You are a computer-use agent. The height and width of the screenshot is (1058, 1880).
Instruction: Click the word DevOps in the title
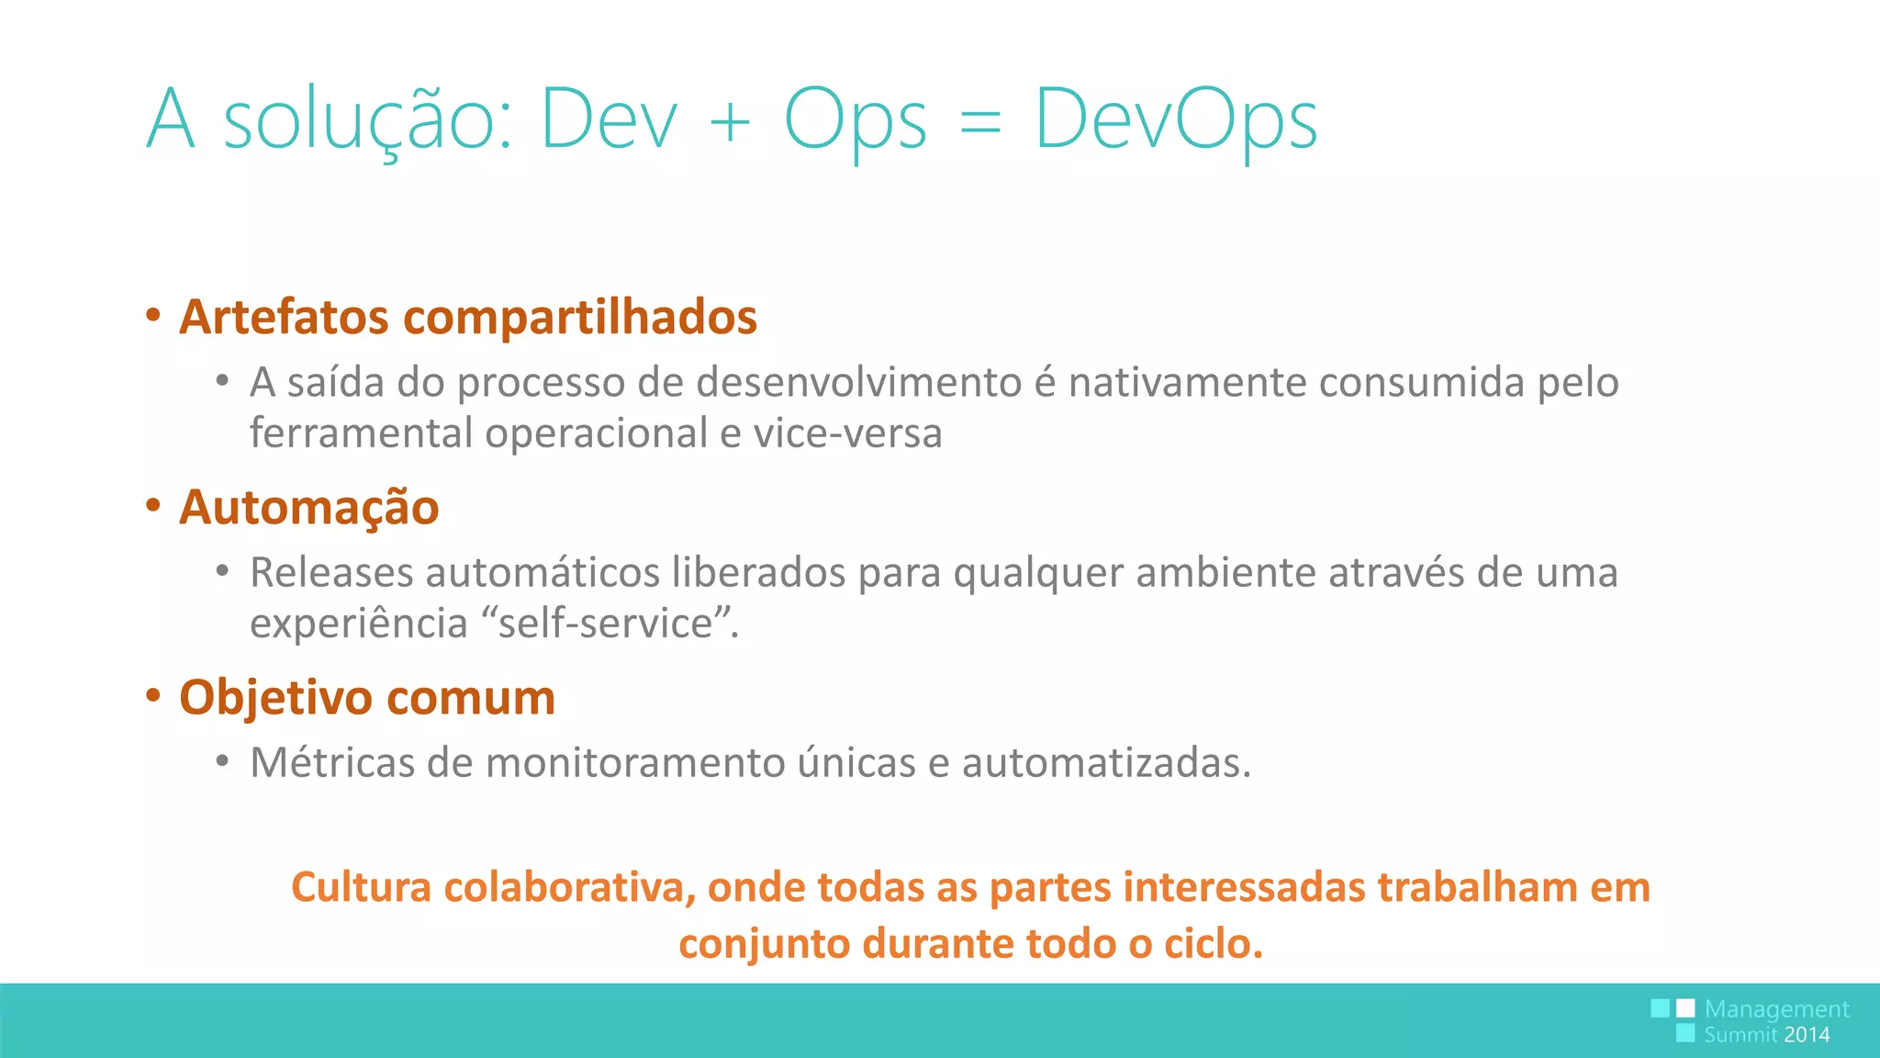click(1176, 119)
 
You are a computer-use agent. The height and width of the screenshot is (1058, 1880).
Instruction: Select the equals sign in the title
click(979, 122)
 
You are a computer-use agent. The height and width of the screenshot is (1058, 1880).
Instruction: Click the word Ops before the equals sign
click(855, 119)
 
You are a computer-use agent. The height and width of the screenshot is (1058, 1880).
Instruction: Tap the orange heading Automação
click(309, 508)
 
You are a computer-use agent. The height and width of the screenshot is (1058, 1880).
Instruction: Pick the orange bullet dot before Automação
click(153, 505)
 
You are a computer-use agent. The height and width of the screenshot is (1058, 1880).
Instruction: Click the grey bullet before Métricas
click(222, 761)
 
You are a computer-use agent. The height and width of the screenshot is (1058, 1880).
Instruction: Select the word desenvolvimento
click(859, 382)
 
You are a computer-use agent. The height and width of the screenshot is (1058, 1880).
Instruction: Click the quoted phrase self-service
click(606, 624)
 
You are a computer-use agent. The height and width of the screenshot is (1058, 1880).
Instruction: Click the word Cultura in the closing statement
click(361, 887)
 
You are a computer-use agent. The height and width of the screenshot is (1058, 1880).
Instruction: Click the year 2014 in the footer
click(1807, 1035)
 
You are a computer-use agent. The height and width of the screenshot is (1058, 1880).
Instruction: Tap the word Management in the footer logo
click(1776, 1009)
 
